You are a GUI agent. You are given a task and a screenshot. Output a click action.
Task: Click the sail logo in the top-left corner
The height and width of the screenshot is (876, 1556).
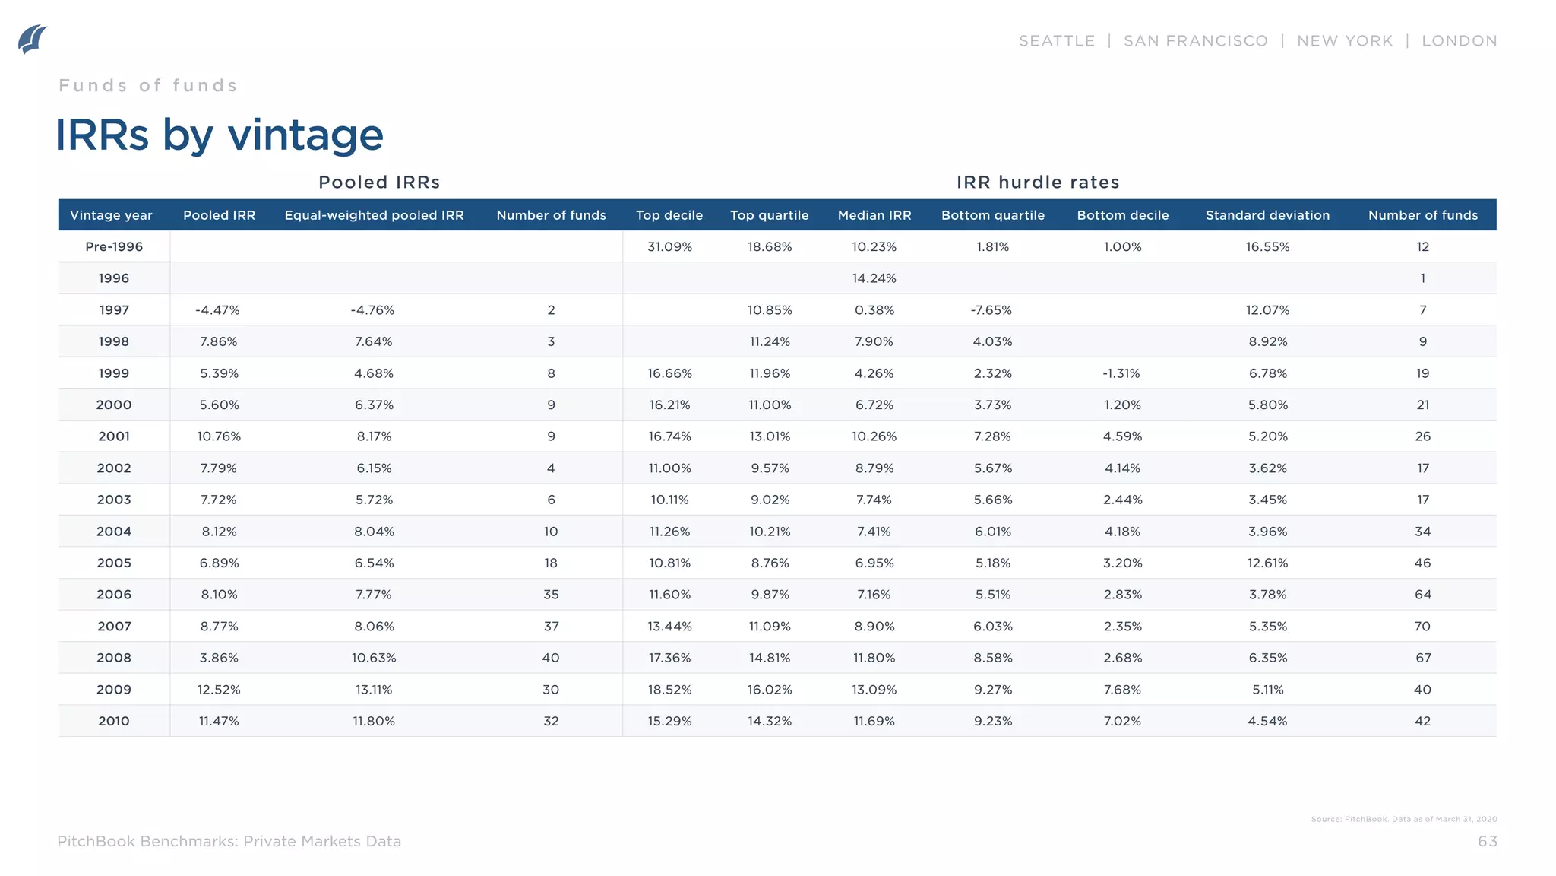(32, 39)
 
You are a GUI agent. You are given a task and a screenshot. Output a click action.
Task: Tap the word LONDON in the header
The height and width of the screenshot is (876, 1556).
(1459, 41)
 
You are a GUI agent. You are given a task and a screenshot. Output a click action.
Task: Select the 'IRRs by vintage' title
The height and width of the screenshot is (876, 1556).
(219, 135)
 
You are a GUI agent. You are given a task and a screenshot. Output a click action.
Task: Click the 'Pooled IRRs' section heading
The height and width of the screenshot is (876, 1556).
(379, 182)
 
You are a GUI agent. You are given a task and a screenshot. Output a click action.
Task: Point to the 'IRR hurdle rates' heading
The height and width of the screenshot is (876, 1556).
(1038, 182)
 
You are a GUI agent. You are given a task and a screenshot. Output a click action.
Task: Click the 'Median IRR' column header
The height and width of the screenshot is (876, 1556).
(874, 215)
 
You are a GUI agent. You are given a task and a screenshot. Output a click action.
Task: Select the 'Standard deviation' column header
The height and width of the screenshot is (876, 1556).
(1267, 215)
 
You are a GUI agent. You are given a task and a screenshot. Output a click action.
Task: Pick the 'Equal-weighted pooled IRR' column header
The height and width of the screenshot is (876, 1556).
(374, 215)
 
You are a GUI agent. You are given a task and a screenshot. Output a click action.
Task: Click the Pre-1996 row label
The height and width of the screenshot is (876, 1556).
(114, 246)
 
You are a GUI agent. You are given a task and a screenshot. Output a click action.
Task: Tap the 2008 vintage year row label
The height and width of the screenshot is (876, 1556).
(114, 658)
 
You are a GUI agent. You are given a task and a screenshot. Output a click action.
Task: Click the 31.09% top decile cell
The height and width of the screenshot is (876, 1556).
(669, 246)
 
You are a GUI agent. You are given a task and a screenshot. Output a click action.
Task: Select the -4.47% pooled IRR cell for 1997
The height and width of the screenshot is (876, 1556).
(218, 310)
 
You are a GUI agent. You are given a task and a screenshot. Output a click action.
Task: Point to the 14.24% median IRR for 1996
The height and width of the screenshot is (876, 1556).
(874, 278)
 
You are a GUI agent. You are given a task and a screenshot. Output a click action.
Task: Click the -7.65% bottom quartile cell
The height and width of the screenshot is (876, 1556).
(992, 310)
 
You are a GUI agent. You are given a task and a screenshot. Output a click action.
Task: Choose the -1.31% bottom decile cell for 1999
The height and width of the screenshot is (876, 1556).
(1122, 373)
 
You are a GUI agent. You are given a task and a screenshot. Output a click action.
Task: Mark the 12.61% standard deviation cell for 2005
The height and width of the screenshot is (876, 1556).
(1267, 563)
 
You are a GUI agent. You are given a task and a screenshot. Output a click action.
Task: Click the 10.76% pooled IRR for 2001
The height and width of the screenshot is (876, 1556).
(219, 436)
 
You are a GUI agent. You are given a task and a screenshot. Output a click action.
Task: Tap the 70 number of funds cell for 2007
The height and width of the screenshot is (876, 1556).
(1422, 627)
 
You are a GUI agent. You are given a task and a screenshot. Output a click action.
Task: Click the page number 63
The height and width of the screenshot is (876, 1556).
(1487, 841)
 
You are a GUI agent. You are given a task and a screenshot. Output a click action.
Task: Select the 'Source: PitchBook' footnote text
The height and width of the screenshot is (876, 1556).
(1403, 819)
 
